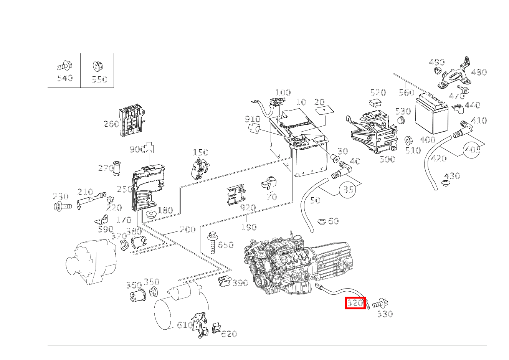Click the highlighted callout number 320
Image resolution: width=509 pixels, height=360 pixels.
(355, 303)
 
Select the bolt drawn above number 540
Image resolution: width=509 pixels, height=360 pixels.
(64, 66)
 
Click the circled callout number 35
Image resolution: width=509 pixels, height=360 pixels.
(348, 189)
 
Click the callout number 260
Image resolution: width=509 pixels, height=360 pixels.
(111, 124)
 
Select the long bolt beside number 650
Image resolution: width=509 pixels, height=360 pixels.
(212, 243)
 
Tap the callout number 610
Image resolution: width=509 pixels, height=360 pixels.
(185, 325)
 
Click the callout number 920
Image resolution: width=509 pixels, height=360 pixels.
(248, 208)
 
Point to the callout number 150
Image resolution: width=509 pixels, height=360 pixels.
(200, 153)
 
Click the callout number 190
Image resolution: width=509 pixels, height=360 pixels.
(248, 227)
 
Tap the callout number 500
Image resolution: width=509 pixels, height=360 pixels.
(387, 159)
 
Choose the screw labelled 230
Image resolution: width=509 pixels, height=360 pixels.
(63, 206)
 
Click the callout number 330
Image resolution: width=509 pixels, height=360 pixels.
(385, 314)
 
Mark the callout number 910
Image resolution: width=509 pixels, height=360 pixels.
(252, 119)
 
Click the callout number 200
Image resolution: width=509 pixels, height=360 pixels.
(188, 230)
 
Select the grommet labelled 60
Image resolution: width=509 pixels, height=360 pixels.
(322, 221)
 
